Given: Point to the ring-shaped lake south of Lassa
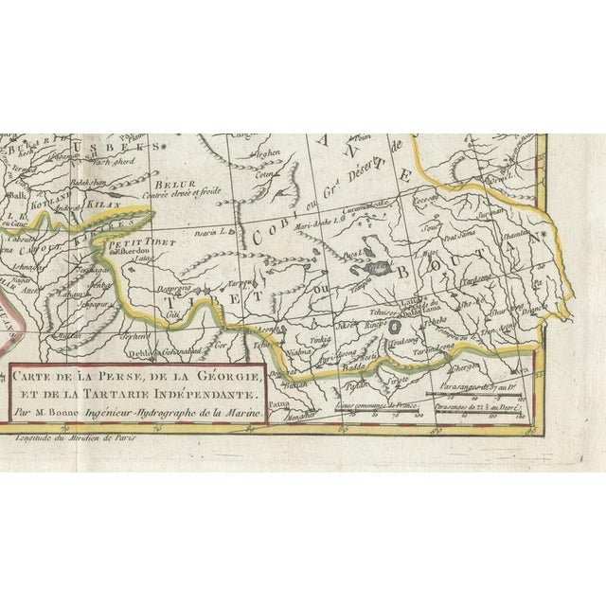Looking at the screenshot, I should click(391, 325).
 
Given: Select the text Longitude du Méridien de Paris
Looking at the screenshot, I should click(75, 435).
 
